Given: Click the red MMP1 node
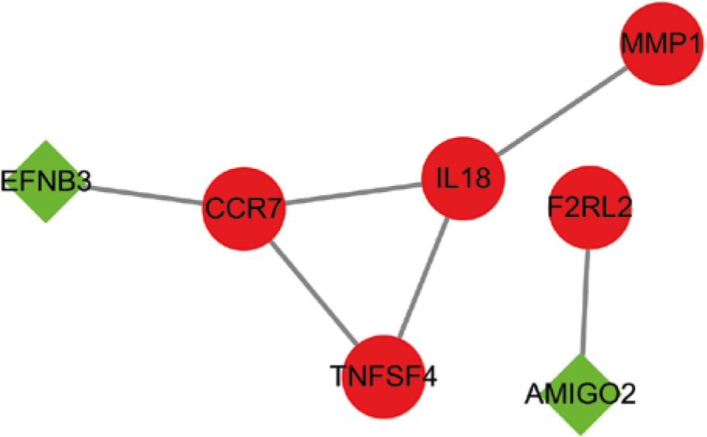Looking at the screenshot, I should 662,44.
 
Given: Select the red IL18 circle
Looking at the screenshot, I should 463,180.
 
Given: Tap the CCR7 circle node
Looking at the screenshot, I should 244,208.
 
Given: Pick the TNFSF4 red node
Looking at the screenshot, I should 383,377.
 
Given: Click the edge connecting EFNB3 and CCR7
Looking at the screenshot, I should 143,194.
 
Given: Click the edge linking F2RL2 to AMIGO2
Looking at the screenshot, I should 586,302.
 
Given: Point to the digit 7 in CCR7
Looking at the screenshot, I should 275,209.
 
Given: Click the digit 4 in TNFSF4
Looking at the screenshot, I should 429,378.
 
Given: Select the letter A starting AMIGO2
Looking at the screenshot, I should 534,395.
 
